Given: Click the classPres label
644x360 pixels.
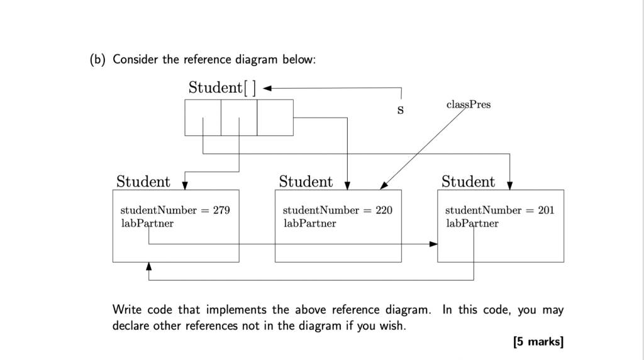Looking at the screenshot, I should (469, 104).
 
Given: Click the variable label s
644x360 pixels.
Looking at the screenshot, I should (399, 110).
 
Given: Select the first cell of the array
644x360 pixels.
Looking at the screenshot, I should (203, 118).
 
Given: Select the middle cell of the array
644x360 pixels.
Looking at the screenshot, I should (239, 118).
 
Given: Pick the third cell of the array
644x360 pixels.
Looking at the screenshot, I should (275, 118).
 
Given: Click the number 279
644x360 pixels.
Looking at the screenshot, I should (221, 210).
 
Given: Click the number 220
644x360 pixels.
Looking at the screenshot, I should (384, 210).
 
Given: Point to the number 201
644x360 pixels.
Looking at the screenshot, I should (546, 210).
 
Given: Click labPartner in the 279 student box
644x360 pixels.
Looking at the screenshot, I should (147, 223).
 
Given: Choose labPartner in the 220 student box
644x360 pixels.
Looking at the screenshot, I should (309, 223).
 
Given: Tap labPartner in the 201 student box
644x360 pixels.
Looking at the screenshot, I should (472, 223).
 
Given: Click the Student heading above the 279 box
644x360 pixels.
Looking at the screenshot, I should (143, 182).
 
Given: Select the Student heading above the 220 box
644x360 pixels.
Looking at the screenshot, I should (306, 182).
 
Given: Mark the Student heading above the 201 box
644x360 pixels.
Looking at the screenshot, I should (468, 182).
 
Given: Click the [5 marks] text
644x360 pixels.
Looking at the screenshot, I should (538, 342).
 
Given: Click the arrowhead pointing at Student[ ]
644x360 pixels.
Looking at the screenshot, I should (267, 88).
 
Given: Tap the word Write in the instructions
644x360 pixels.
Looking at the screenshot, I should (128, 310).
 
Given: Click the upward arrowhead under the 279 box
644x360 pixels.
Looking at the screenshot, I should (149, 267).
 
